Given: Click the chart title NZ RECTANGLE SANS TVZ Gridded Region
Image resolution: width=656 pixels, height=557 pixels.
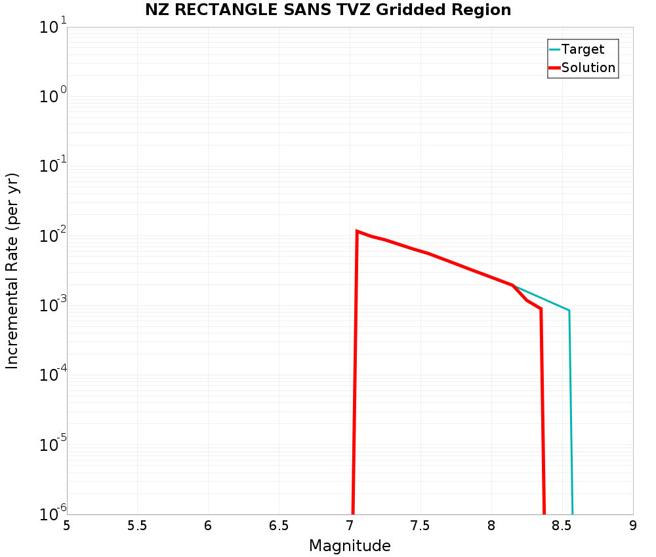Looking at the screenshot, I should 328,10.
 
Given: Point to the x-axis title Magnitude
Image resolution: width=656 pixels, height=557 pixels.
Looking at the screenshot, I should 350,545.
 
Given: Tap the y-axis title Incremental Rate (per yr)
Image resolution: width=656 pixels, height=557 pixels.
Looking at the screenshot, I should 12,271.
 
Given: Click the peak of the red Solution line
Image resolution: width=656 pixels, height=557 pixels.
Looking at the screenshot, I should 357,231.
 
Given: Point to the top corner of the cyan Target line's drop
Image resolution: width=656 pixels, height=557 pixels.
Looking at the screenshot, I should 569,310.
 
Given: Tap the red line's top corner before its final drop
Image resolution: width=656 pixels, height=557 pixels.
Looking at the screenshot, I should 541,309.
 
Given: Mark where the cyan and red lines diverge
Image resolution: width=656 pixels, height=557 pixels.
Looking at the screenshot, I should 512,285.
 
